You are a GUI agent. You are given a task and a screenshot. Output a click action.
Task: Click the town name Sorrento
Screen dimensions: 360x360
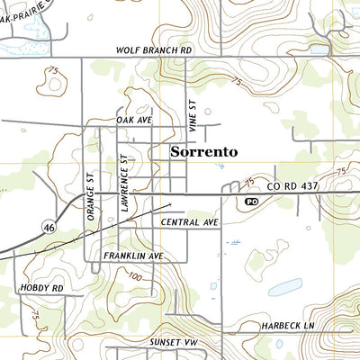pos(204,151)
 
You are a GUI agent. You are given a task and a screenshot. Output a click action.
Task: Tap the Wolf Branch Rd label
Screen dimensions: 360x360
pos(155,51)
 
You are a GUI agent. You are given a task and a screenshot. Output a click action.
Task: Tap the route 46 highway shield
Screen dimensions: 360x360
pos(49,229)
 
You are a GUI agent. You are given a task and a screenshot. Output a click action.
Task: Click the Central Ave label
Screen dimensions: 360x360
pos(191,221)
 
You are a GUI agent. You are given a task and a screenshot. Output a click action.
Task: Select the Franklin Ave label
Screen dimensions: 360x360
pos(132,256)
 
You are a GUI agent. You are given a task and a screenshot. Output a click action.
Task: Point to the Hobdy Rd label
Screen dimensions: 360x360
pos(40,288)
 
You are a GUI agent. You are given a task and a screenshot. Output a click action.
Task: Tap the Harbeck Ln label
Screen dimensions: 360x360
pos(285,324)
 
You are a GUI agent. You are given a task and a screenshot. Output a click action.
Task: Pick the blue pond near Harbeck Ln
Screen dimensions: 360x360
pos(283,287)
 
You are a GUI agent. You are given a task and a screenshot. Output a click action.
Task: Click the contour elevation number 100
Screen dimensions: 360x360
pos(134,277)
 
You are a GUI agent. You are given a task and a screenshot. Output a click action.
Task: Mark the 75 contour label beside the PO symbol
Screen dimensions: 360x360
pos(249,184)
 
